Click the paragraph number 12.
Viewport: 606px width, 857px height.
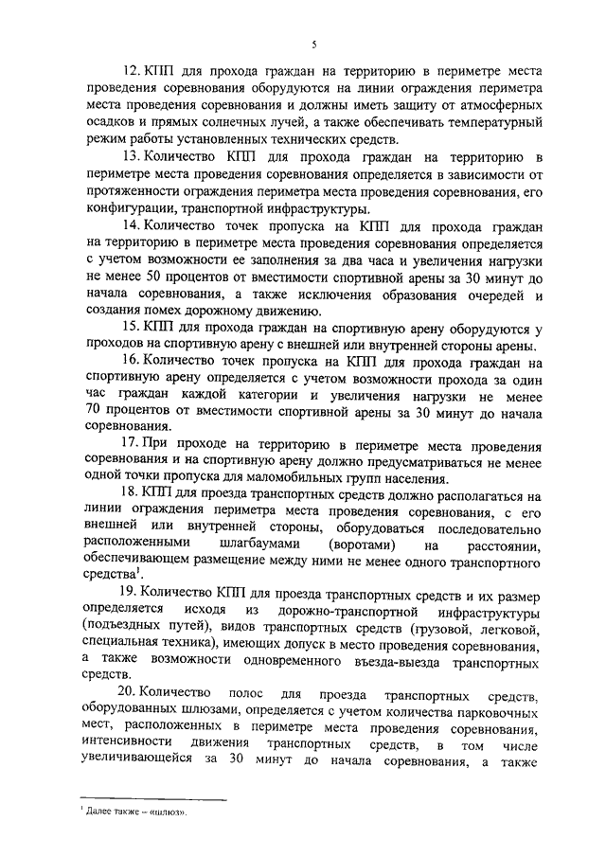click(x=132, y=70)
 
